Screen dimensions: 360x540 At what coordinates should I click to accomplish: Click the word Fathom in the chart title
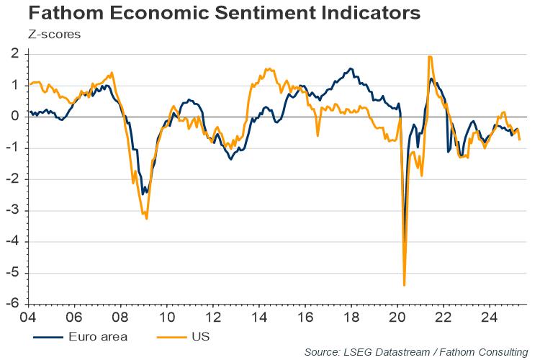pos(44,14)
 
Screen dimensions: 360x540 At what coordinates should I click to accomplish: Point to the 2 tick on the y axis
pos(15,54)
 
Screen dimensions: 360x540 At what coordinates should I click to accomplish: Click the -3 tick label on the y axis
pos(13,211)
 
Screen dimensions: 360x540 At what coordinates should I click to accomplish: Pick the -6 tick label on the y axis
pos(13,305)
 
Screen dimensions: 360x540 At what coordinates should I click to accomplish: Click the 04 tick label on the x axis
pos(28,316)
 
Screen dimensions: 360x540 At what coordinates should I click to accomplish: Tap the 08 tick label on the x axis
pos(121,316)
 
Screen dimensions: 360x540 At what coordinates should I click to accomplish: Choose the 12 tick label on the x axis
pos(213,316)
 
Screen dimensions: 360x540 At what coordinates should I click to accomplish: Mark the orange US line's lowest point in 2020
pos(405,285)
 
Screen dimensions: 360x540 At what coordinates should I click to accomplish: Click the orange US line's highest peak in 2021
pos(430,57)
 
